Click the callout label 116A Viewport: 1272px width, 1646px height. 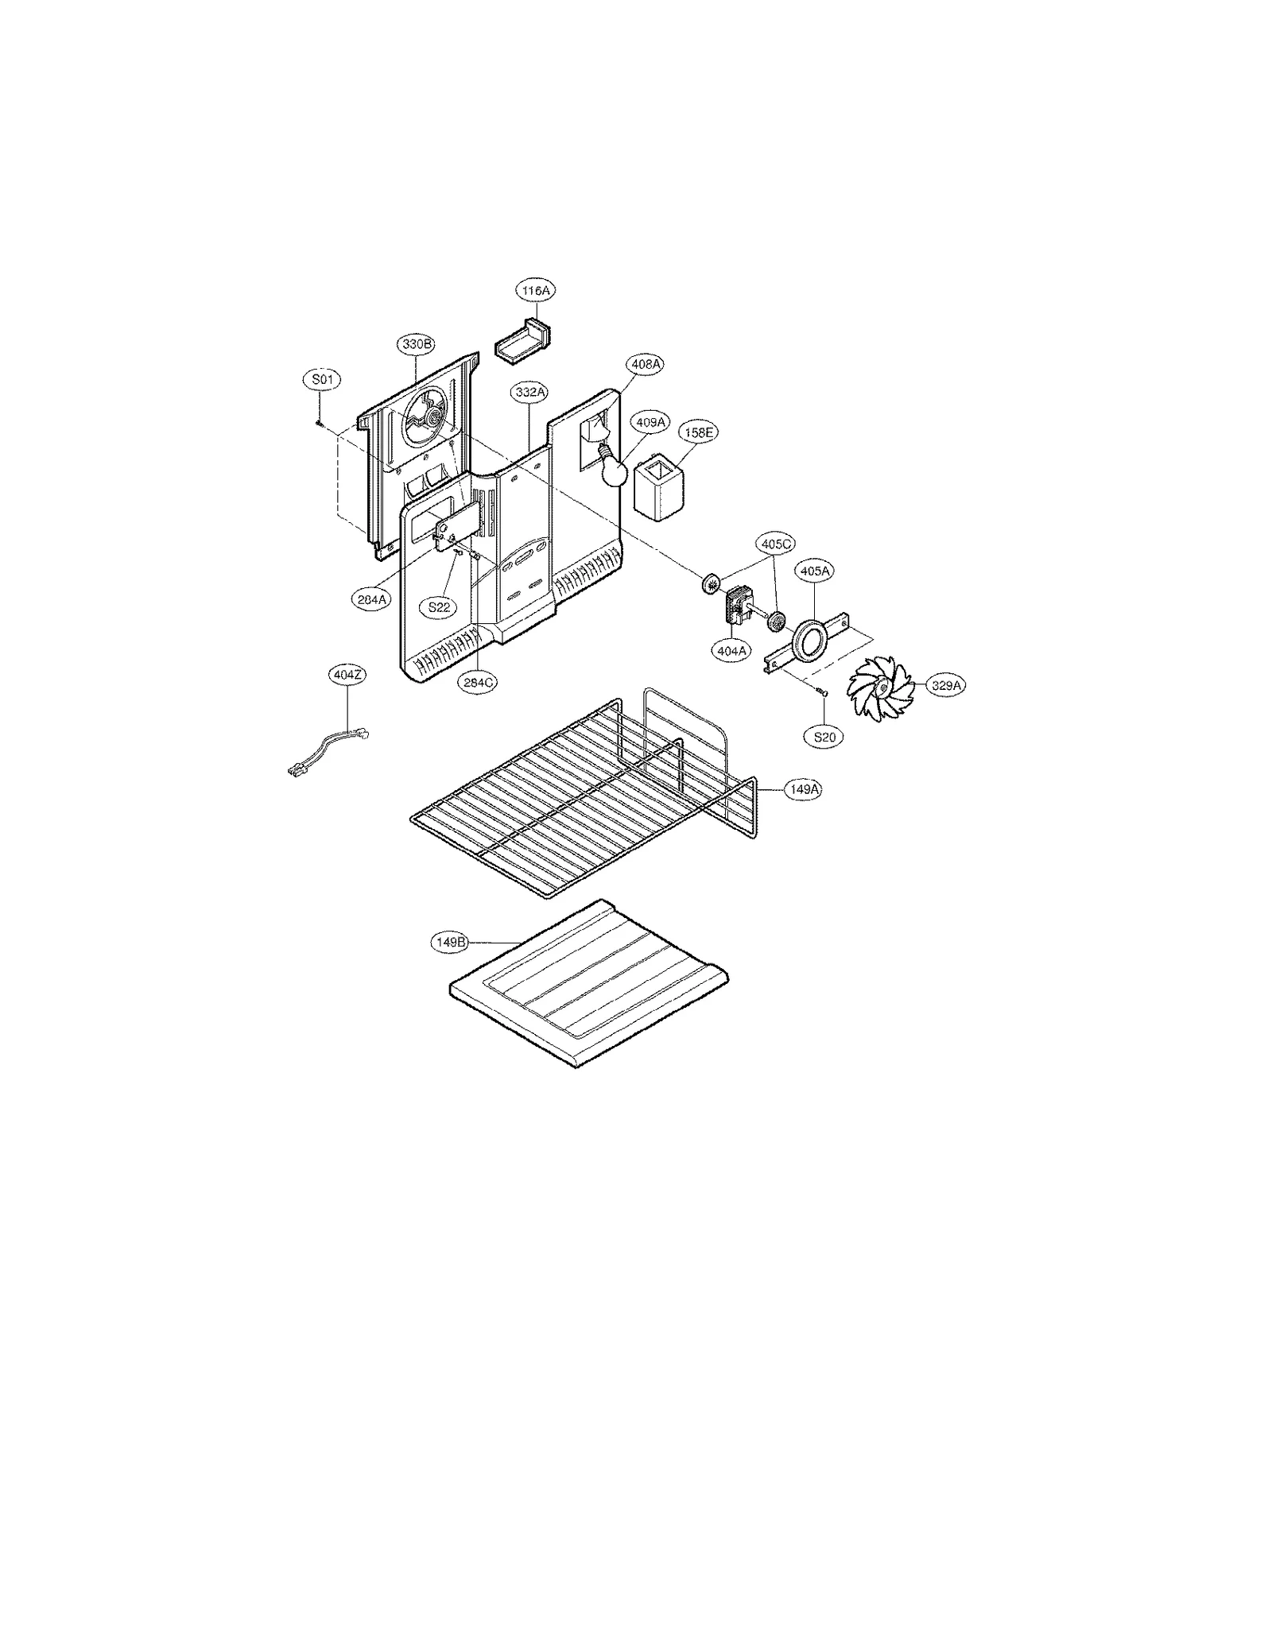535,291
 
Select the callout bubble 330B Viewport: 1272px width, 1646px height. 417,344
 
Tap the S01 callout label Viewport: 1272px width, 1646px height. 322,380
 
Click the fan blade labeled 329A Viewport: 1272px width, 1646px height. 880,688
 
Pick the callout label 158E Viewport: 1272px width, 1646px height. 698,432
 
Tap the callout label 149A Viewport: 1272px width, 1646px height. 803,789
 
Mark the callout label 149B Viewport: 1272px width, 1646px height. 450,942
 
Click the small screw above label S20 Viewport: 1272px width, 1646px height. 824,694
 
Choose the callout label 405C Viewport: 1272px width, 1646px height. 776,544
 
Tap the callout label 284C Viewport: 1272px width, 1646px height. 479,682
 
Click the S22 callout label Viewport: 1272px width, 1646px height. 439,607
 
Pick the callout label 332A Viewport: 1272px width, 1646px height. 529,393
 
